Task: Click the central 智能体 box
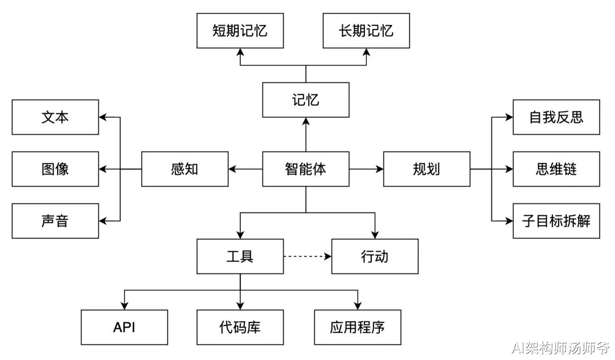pos(306,169)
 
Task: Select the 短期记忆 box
pos(240,31)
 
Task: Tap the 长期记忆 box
pos(366,31)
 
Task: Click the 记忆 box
pos(306,100)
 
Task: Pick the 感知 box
pos(184,169)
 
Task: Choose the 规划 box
pos(427,169)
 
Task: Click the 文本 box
pos(55,117)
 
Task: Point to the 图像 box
pos(55,169)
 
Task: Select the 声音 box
pos(55,221)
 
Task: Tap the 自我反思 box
pos(556,117)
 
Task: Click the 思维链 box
pos(556,169)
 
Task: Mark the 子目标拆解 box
pos(556,221)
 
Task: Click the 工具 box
pos(240,256)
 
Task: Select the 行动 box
pos(375,256)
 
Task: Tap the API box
pos(124,327)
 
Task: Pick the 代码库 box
pos(240,327)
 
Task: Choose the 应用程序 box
pos(357,327)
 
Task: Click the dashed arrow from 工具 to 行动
pos(307,256)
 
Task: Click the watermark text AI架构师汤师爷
pos(560,347)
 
